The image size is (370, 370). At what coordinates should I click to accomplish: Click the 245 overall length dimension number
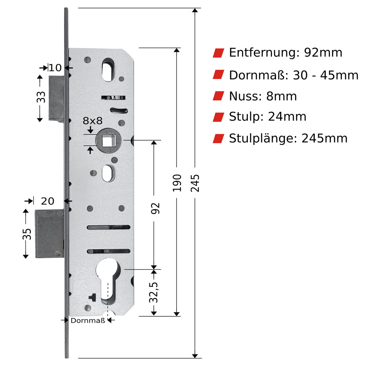pos(195,183)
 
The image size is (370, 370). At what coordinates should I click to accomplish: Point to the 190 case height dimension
pos(177,183)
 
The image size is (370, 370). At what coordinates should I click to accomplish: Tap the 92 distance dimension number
pos(155,208)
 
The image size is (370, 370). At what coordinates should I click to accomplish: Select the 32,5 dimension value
pos(154,292)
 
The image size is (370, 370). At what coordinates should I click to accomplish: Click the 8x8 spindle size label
pos(92,121)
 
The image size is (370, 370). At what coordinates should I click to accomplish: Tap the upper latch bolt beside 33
pos(57,98)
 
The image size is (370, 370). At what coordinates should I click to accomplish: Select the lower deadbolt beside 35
pos(50,233)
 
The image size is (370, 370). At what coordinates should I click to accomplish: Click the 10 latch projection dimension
pos(55,68)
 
